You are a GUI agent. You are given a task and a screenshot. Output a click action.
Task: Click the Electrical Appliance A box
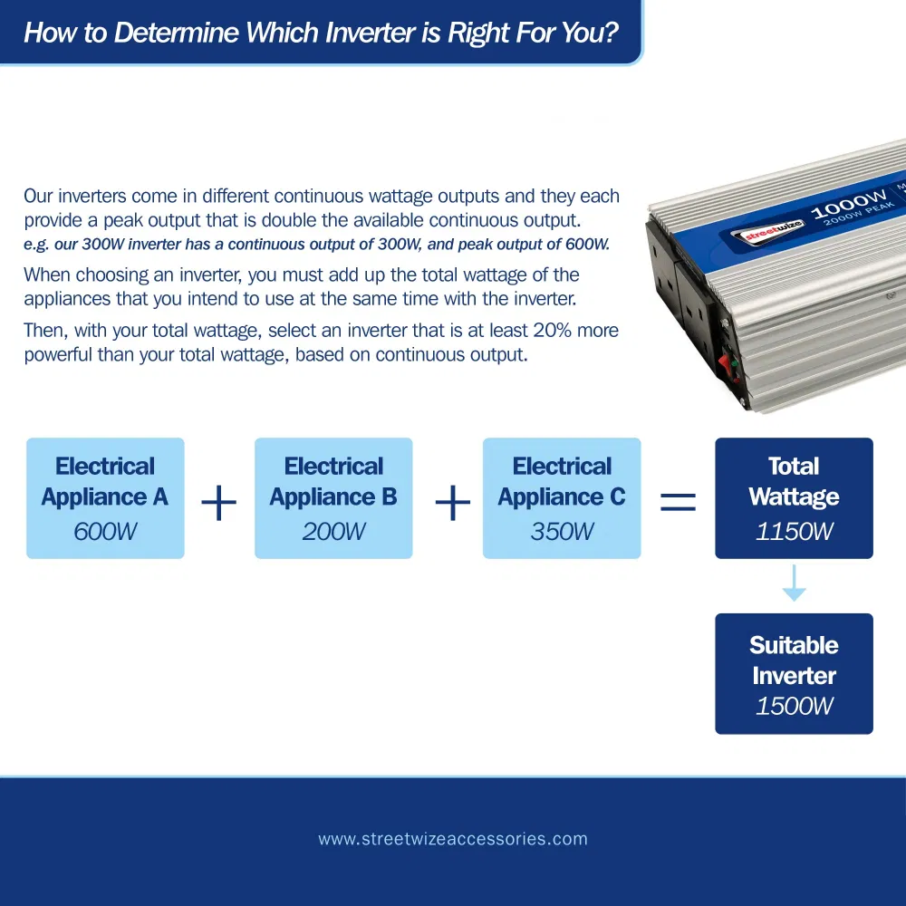105,498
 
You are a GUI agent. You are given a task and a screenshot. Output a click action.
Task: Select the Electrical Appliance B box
333,498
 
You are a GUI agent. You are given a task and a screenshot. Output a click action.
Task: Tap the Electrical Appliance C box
562,498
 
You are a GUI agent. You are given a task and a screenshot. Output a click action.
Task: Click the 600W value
105,531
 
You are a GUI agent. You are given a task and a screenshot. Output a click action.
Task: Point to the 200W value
333,531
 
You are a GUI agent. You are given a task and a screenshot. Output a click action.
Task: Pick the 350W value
562,531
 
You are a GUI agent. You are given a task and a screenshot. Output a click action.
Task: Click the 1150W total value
794,531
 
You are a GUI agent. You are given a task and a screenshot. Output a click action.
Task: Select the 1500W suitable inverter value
794,706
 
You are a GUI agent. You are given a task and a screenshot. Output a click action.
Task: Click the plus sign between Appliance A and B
218,503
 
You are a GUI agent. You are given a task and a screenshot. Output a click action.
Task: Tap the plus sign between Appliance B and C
452,503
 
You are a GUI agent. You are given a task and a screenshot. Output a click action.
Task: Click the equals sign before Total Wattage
678,502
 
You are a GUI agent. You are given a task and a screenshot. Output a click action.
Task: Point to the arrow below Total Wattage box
794,584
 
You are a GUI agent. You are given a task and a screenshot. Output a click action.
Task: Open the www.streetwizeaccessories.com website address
453,839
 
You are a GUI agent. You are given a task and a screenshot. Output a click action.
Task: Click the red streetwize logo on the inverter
763,235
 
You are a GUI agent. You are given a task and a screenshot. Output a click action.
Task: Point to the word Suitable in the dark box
794,645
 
